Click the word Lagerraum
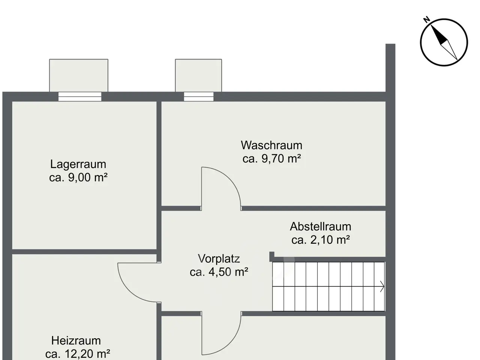tap(78, 164)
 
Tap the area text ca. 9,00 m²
tap(78, 177)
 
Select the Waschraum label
tap(271, 145)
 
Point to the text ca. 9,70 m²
tap(272, 159)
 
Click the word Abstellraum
tap(321, 226)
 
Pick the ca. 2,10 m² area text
tap(321, 240)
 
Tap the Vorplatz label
tap(219, 259)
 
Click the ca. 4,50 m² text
tap(219, 272)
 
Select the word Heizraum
tap(76, 341)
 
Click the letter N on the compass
tap(427, 19)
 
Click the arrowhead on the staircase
tap(382, 286)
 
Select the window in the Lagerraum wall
tap(80, 97)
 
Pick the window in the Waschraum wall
tap(198, 97)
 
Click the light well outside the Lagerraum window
tap(79, 75)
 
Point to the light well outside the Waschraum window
tap(198, 75)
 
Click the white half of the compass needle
tap(449, 50)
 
